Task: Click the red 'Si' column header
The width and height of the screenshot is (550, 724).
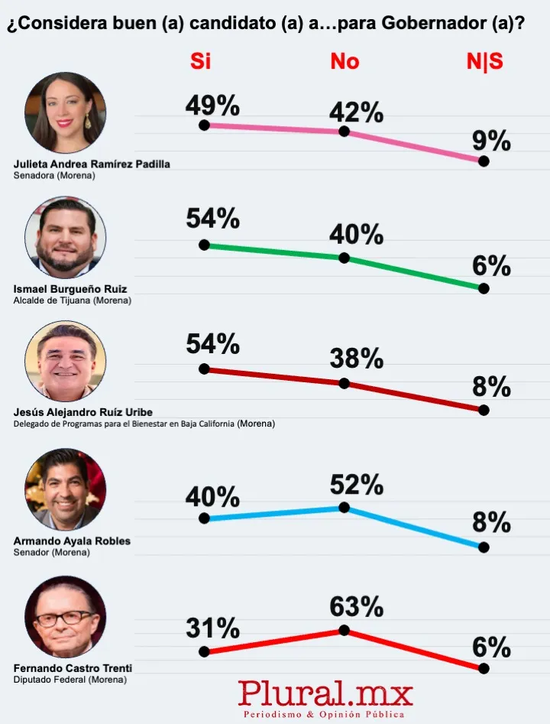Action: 200,62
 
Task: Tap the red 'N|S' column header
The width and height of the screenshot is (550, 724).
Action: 484,62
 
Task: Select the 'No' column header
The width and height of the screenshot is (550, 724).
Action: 345,62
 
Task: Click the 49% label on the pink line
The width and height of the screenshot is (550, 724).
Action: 212,103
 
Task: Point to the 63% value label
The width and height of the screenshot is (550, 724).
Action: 356,607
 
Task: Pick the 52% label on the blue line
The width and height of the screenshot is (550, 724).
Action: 356,484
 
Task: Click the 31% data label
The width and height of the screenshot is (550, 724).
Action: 212,628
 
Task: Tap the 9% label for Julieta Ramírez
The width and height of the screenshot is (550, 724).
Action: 491,141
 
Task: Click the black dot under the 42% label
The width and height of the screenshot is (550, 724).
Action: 344,131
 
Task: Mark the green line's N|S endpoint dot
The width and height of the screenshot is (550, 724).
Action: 483,288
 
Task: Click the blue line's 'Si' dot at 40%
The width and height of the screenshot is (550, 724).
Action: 204,518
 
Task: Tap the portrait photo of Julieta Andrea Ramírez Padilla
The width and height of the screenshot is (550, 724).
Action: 66,113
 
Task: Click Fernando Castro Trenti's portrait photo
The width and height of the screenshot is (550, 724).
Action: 66,616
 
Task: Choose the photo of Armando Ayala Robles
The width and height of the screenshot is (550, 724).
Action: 66,489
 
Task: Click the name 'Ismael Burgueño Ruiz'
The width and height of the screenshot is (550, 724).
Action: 70,289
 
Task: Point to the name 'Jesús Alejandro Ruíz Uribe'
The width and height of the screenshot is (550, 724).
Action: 83,412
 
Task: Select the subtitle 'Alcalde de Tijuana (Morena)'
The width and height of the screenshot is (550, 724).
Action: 73,300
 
